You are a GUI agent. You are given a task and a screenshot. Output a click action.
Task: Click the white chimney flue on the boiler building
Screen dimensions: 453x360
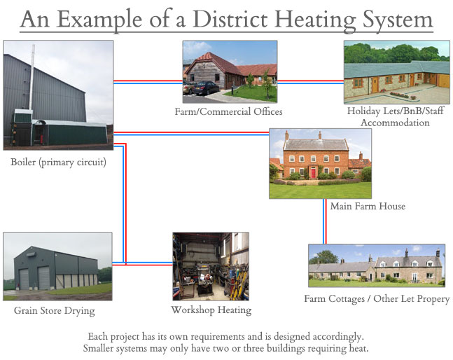tap(32, 76)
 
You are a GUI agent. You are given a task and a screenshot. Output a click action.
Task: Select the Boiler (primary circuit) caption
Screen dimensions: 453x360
tap(58, 162)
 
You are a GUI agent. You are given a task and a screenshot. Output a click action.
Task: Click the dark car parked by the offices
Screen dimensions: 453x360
tap(207, 88)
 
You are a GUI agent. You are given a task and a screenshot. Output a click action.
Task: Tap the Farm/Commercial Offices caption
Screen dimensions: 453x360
tap(228, 111)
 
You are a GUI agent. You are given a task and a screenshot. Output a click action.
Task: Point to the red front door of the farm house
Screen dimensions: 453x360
tap(313, 173)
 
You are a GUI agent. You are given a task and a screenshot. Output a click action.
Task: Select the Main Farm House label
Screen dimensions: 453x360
tap(368, 206)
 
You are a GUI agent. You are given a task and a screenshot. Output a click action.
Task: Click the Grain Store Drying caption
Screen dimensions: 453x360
tap(55, 310)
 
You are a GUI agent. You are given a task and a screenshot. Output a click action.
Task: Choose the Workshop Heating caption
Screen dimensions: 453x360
tap(211, 310)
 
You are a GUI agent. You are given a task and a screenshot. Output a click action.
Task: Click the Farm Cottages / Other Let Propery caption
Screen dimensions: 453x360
tap(377, 299)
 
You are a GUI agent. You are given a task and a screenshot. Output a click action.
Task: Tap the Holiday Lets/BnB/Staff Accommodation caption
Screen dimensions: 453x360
tap(395, 117)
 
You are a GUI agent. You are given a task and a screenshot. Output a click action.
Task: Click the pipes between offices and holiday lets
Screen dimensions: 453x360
tap(311, 82)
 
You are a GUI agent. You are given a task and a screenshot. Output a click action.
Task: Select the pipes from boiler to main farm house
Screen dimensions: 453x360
tap(191, 134)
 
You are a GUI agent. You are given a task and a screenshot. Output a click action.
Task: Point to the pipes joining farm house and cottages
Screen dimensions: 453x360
tap(325, 221)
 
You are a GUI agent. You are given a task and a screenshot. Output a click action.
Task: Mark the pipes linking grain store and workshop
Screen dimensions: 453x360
tap(142, 263)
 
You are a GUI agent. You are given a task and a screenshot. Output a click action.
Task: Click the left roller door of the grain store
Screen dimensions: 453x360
tap(24, 279)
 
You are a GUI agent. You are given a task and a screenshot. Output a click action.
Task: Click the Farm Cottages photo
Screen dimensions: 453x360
tap(377, 265)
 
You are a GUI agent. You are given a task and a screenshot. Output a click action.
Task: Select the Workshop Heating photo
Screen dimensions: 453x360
tap(211, 266)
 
